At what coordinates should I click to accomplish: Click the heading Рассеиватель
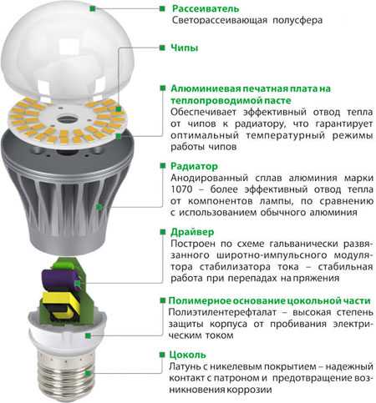click(x=206, y=8)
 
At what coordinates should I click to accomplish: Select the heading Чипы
click(x=184, y=48)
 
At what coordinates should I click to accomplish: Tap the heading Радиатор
click(x=194, y=166)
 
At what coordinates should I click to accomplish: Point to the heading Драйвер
click(x=192, y=232)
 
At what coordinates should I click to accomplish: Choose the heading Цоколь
click(x=187, y=355)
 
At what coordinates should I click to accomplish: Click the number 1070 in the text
click(x=181, y=189)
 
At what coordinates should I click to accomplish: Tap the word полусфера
click(x=297, y=20)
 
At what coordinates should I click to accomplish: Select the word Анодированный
click(x=209, y=178)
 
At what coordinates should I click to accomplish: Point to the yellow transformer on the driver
click(x=60, y=305)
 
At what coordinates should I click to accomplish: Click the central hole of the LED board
click(x=67, y=119)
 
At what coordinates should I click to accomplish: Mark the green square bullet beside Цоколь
click(x=162, y=355)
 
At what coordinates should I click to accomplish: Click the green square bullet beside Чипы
click(x=162, y=48)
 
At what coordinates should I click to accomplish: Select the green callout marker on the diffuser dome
click(x=93, y=9)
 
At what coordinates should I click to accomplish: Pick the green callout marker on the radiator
click(x=98, y=207)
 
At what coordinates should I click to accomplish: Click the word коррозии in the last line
click(x=250, y=390)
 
